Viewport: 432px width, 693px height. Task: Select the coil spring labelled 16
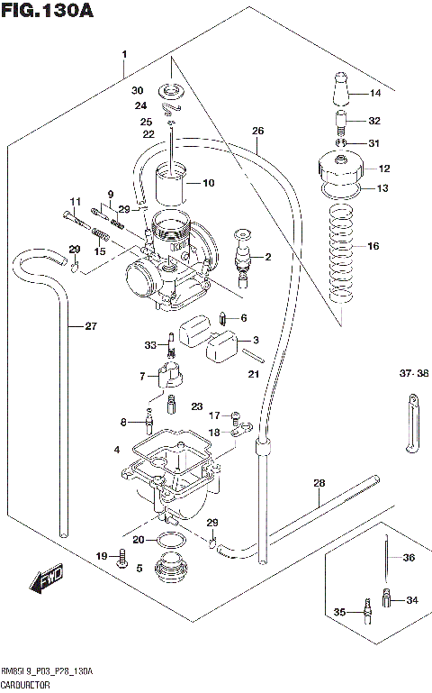(x=340, y=255)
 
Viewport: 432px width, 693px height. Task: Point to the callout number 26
(x=257, y=132)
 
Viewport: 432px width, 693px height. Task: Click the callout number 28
(x=318, y=484)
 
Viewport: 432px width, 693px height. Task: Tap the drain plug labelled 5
(x=168, y=570)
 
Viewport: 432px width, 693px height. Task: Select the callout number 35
(x=339, y=613)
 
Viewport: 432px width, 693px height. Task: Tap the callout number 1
(x=124, y=55)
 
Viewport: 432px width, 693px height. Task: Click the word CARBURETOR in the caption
(x=26, y=685)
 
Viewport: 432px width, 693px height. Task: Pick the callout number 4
(x=115, y=449)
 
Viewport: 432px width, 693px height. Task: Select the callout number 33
(x=150, y=344)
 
